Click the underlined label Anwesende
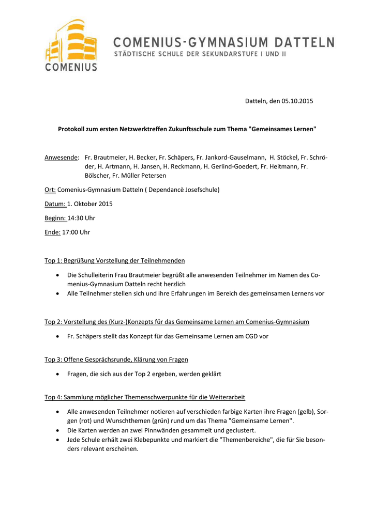[x=62, y=157]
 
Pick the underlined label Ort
[x=50, y=190]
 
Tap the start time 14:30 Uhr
[x=78, y=218]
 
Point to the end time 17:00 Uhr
[x=76, y=232]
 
